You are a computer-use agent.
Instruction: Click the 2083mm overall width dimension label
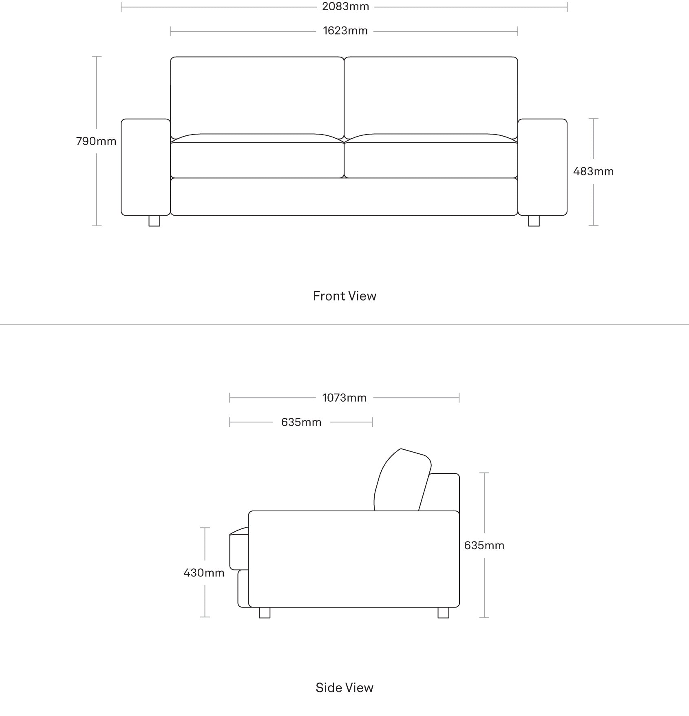click(345, 7)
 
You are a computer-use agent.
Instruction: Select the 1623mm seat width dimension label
click(345, 31)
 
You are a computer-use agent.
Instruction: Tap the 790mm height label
click(96, 141)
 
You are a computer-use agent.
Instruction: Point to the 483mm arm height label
click(593, 171)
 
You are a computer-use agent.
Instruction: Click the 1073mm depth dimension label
click(344, 398)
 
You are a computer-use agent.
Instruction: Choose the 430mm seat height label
click(204, 573)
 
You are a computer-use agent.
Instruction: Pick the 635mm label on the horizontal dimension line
click(301, 422)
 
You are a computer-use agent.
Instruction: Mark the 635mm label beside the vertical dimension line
click(484, 546)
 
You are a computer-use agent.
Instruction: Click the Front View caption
click(344, 296)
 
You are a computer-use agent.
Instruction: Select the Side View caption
click(344, 687)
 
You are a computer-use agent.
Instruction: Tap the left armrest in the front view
click(146, 167)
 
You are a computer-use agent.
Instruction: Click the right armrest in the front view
click(542, 167)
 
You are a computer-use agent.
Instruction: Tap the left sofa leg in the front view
click(154, 221)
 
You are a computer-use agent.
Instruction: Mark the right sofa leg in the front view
click(534, 221)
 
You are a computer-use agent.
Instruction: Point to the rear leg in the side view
click(443, 612)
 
